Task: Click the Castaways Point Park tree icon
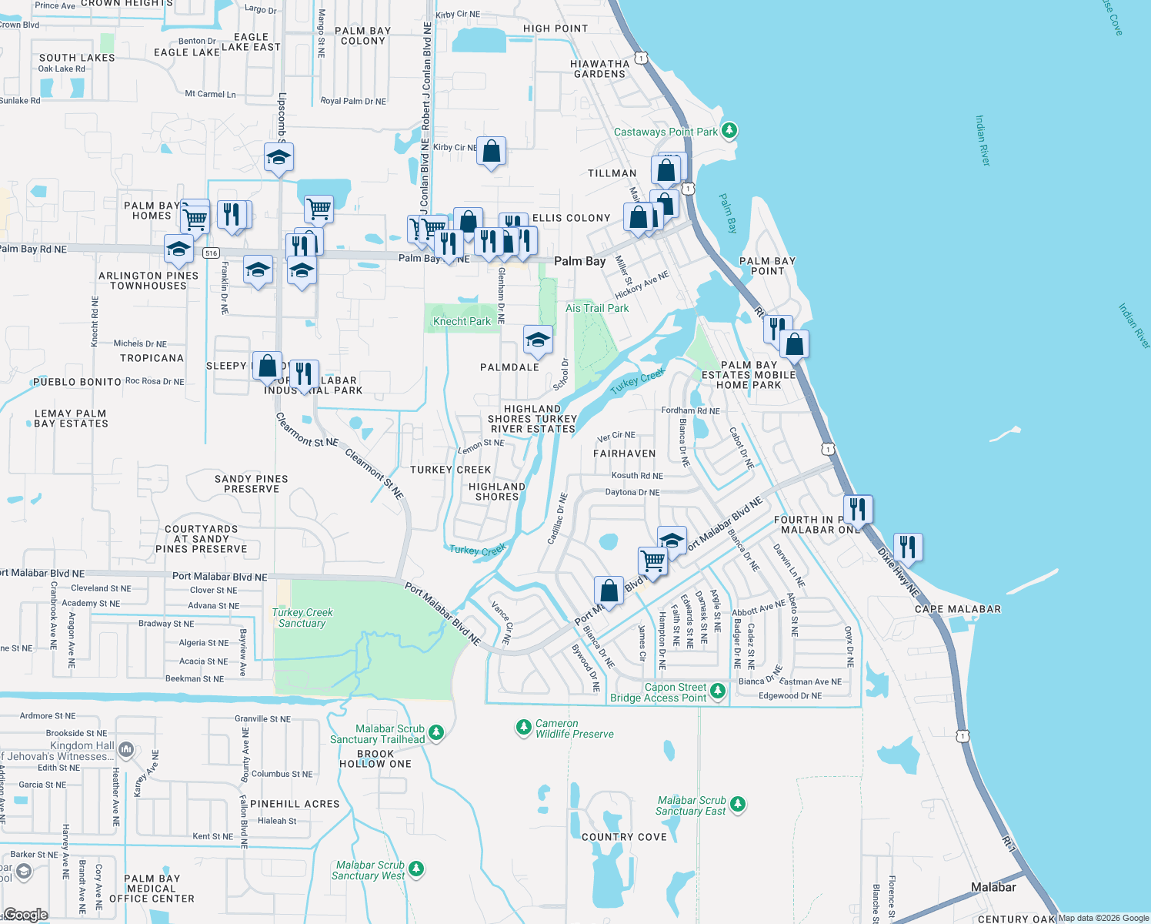pyautogui.click(x=729, y=130)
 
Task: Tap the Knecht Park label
pyautogui.click(x=462, y=321)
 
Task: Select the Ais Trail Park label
pyautogui.click(x=597, y=308)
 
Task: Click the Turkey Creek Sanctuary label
pyautogui.click(x=302, y=618)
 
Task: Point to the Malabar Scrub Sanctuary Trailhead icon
pyautogui.click(x=436, y=731)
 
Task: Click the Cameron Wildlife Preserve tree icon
pyautogui.click(x=524, y=726)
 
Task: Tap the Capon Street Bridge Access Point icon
pyautogui.click(x=718, y=690)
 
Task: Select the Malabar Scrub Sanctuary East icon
pyautogui.click(x=738, y=804)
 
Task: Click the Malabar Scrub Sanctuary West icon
pyautogui.click(x=416, y=868)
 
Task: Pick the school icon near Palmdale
pyautogui.click(x=538, y=340)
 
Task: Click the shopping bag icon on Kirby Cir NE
pyautogui.click(x=491, y=152)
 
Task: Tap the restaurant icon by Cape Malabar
pyautogui.click(x=908, y=547)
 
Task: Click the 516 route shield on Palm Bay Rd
pyautogui.click(x=212, y=253)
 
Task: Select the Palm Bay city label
pyautogui.click(x=580, y=261)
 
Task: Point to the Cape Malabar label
pyautogui.click(x=958, y=609)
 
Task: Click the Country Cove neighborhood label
pyautogui.click(x=624, y=837)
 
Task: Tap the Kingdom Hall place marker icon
pyautogui.click(x=126, y=748)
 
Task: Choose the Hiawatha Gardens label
pyautogui.click(x=599, y=69)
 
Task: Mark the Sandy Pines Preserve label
pyautogui.click(x=252, y=484)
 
